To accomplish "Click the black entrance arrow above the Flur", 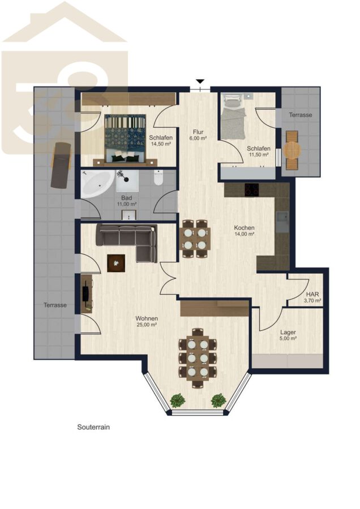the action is coord(200,81).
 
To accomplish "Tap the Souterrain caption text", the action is coord(93,427).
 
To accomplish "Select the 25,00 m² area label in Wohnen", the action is coord(147,324).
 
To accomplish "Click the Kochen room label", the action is coord(244,228).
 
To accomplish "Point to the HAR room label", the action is coord(312,295).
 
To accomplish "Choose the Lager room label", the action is coord(288,333).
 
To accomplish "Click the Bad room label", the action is coord(126,198).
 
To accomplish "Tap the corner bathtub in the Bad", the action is coord(97,184).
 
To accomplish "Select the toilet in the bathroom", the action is coord(158,178).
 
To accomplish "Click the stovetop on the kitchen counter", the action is coord(251,190).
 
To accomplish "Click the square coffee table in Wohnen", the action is coord(116,263).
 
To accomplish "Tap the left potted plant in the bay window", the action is coord(177,400).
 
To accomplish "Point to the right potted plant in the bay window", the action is coord(218,400).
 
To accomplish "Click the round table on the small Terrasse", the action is coord(292,150).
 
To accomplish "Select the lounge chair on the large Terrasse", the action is coord(61,165).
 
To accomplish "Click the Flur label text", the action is coord(198,132).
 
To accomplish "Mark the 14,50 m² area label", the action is coord(161,143).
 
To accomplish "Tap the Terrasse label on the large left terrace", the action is coord(55,305).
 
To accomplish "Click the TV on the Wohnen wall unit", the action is coord(86,294).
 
